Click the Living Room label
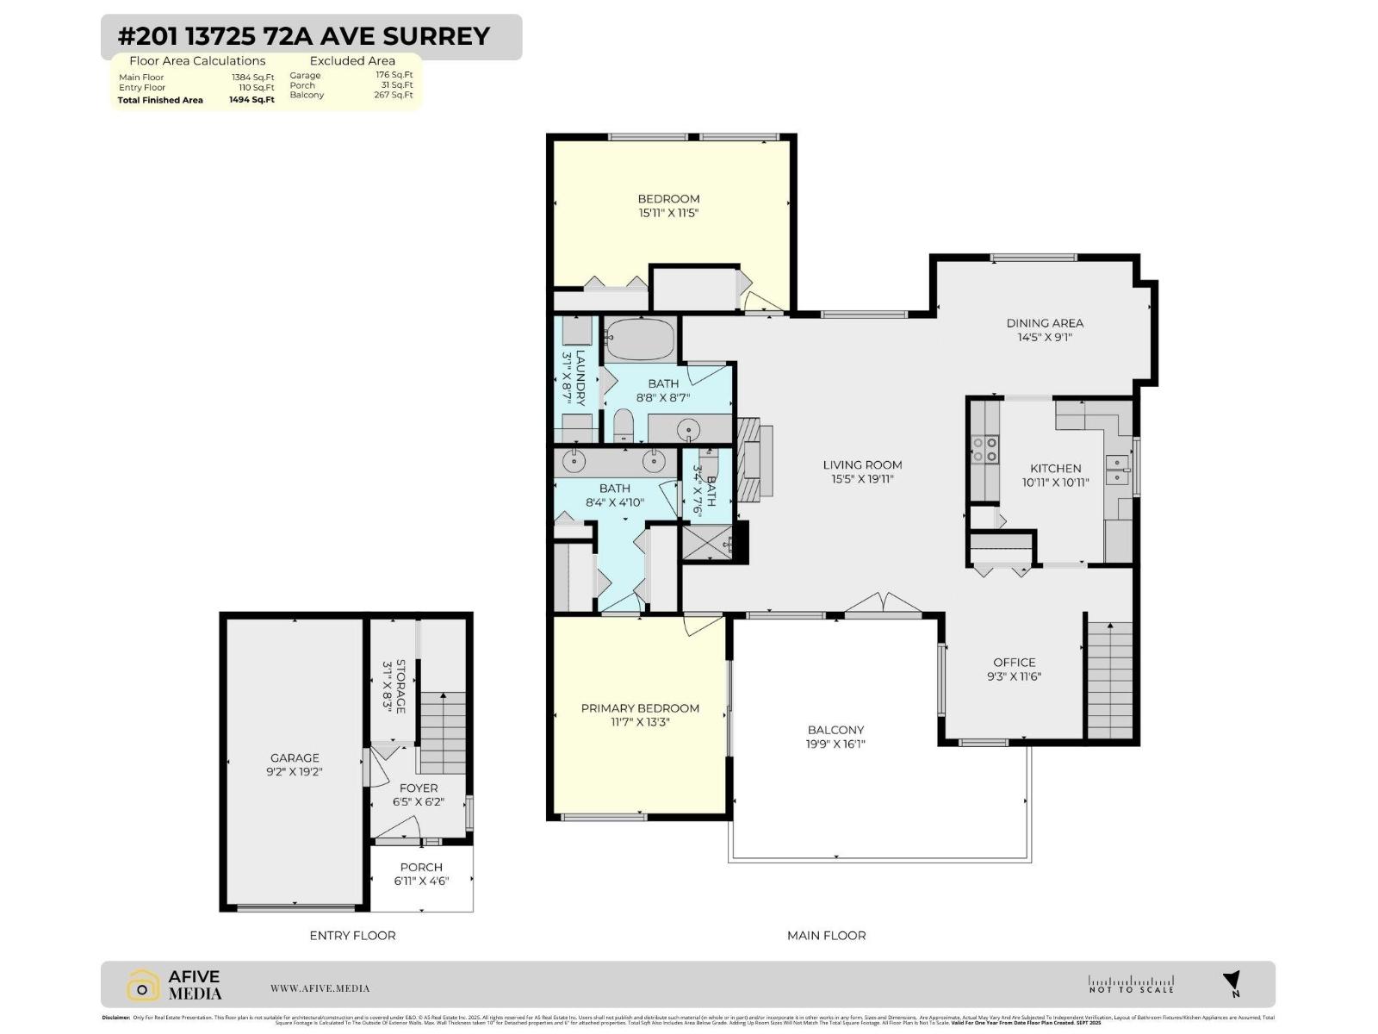click(862, 464)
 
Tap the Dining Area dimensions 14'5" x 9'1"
click(1045, 338)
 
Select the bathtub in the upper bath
click(637, 339)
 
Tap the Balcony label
click(835, 729)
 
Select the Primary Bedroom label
click(640, 708)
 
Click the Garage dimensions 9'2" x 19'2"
click(295, 772)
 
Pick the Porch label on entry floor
click(421, 867)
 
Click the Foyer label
click(419, 788)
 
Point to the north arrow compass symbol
click(1232, 982)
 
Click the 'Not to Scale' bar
click(1131, 985)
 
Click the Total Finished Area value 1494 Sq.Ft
click(251, 100)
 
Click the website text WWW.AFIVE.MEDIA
click(320, 988)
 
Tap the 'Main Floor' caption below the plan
click(826, 935)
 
